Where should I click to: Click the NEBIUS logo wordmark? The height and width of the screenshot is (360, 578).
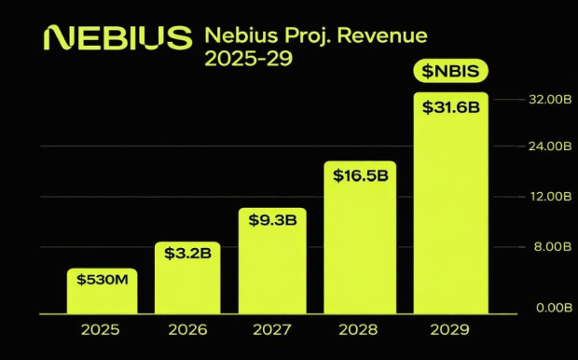(x=117, y=38)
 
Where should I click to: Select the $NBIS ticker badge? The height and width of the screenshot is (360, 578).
(x=450, y=73)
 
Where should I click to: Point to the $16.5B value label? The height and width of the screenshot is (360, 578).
(x=360, y=174)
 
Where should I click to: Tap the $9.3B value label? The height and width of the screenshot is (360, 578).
(x=272, y=220)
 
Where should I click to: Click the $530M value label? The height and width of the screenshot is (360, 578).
(x=102, y=279)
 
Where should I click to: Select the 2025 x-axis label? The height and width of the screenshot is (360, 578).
(x=101, y=329)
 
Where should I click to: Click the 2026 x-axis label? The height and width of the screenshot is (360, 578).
(x=186, y=329)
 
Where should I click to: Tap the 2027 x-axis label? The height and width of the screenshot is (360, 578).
(x=272, y=329)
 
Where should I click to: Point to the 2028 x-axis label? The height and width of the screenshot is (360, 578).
(x=360, y=329)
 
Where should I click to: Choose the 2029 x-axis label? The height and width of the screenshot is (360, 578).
(x=449, y=329)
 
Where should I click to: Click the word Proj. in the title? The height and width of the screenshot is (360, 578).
(x=310, y=37)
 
